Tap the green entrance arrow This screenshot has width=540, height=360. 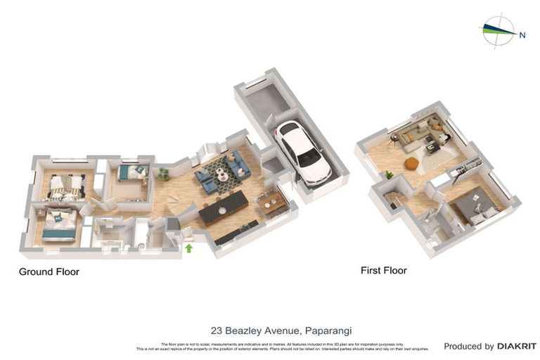pos(188,247)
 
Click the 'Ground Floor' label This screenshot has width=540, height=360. pos(49,271)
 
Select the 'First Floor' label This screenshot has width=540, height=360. pos(383,270)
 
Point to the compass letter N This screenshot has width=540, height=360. pos(522,34)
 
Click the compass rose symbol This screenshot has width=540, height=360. pos(498,30)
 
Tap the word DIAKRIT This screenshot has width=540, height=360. pos(516,346)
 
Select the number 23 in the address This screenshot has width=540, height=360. pos(217,330)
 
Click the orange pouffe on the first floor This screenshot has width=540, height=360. pos(411,163)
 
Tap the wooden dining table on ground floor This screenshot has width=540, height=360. pos(272,202)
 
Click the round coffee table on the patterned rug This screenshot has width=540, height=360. pos(222,173)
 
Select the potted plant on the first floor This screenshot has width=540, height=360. pos(389,174)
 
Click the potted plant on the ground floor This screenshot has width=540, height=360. pos(163,172)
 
